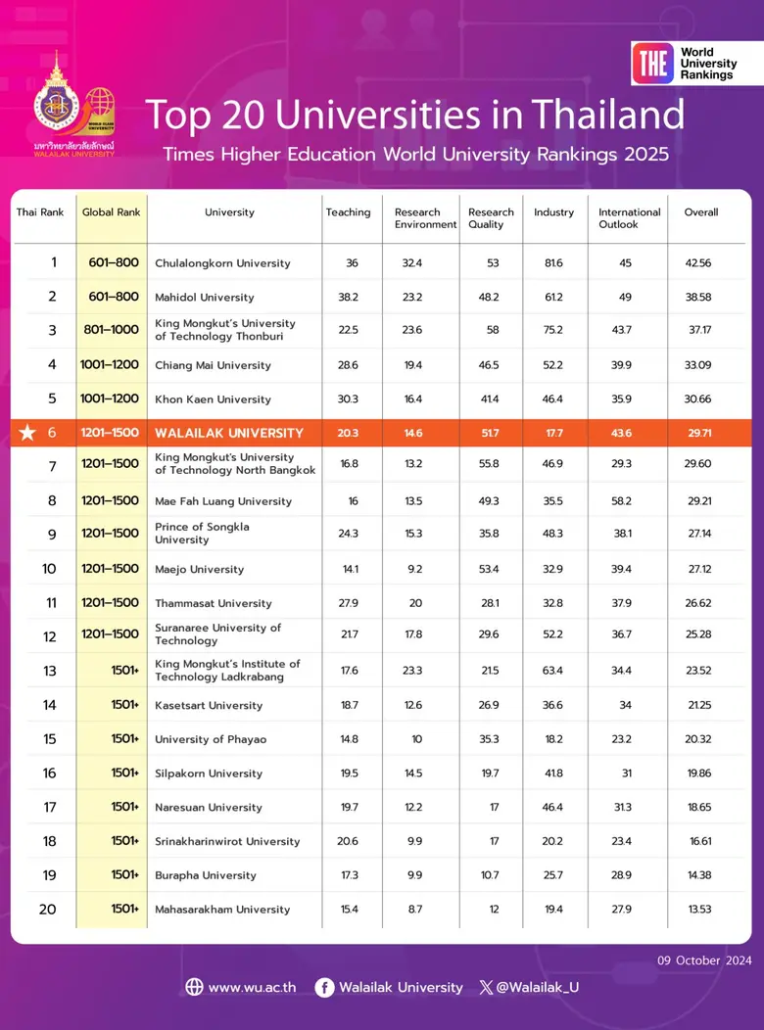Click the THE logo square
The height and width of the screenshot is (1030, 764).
point(652,63)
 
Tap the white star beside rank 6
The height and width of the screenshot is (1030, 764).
point(27,433)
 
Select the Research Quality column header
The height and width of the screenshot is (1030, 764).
point(491,218)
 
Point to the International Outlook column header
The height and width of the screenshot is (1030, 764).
point(629,218)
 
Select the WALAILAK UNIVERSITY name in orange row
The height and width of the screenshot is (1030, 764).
point(228,433)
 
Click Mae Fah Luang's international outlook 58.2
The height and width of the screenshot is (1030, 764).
point(621,501)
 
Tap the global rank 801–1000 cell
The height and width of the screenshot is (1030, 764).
point(112,331)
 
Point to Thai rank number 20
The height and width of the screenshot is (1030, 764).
point(48,910)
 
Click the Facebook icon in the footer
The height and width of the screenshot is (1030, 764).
point(324,987)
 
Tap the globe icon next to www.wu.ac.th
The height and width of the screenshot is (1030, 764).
point(194,987)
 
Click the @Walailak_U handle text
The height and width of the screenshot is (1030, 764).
point(538,987)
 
